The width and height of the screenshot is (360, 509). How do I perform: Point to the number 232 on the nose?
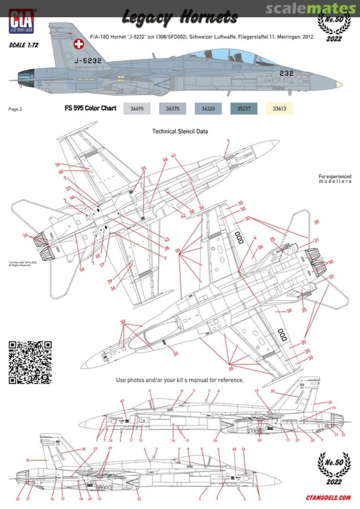click(x=286, y=73)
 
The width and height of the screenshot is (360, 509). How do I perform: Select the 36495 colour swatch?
click(x=136, y=109)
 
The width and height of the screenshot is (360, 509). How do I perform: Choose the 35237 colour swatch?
click(x=244, y=109)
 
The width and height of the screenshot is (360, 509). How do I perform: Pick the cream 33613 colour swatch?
click(x=279, y=109)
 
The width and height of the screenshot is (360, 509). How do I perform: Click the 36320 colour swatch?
click(x=208, y=109)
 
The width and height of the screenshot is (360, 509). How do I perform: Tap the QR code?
click(x=30, y=362)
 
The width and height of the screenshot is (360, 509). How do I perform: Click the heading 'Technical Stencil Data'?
click(x=180, y=131)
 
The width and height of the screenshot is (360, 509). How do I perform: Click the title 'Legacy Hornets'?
click(x=180, y=18)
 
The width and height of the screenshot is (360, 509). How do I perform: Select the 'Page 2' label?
click(x=15, y=109)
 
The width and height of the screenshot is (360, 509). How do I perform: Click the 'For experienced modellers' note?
click(x=335, y=179)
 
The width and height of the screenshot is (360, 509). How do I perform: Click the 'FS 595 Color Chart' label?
click(x=90, y=108)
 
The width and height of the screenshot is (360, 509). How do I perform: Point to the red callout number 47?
click(x=122, y=401)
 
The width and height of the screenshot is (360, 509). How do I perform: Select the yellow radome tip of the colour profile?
click(x=338, y=85)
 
